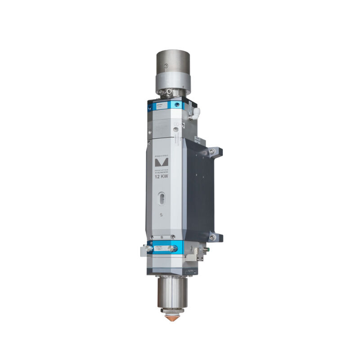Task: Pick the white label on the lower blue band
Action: tap(160, 248)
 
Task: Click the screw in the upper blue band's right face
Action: tap(178, 106)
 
